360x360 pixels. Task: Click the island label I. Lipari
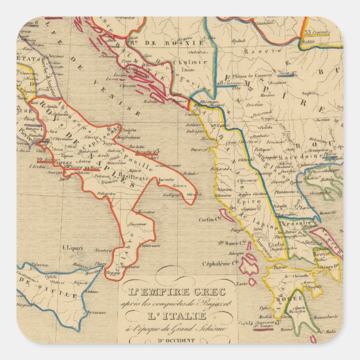coord(72,247)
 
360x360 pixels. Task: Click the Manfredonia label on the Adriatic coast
coord(127,136)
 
